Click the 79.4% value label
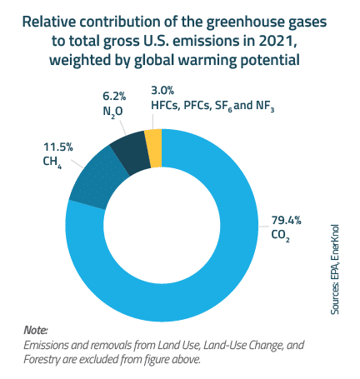pos(286,220)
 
